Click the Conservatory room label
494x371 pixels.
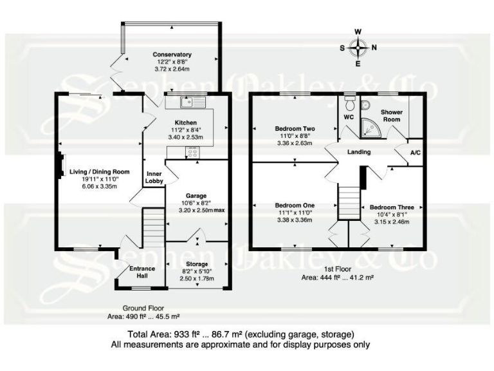tap(172, 55)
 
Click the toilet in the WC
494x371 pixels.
tap(349, 104)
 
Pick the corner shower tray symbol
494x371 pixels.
tap(370, 128)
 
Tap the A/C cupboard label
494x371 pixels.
tap(416, 153)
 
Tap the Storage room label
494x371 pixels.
tap(196, 264)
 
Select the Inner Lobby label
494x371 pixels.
tap(154, 178)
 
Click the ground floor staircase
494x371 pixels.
tap(153, 228)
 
